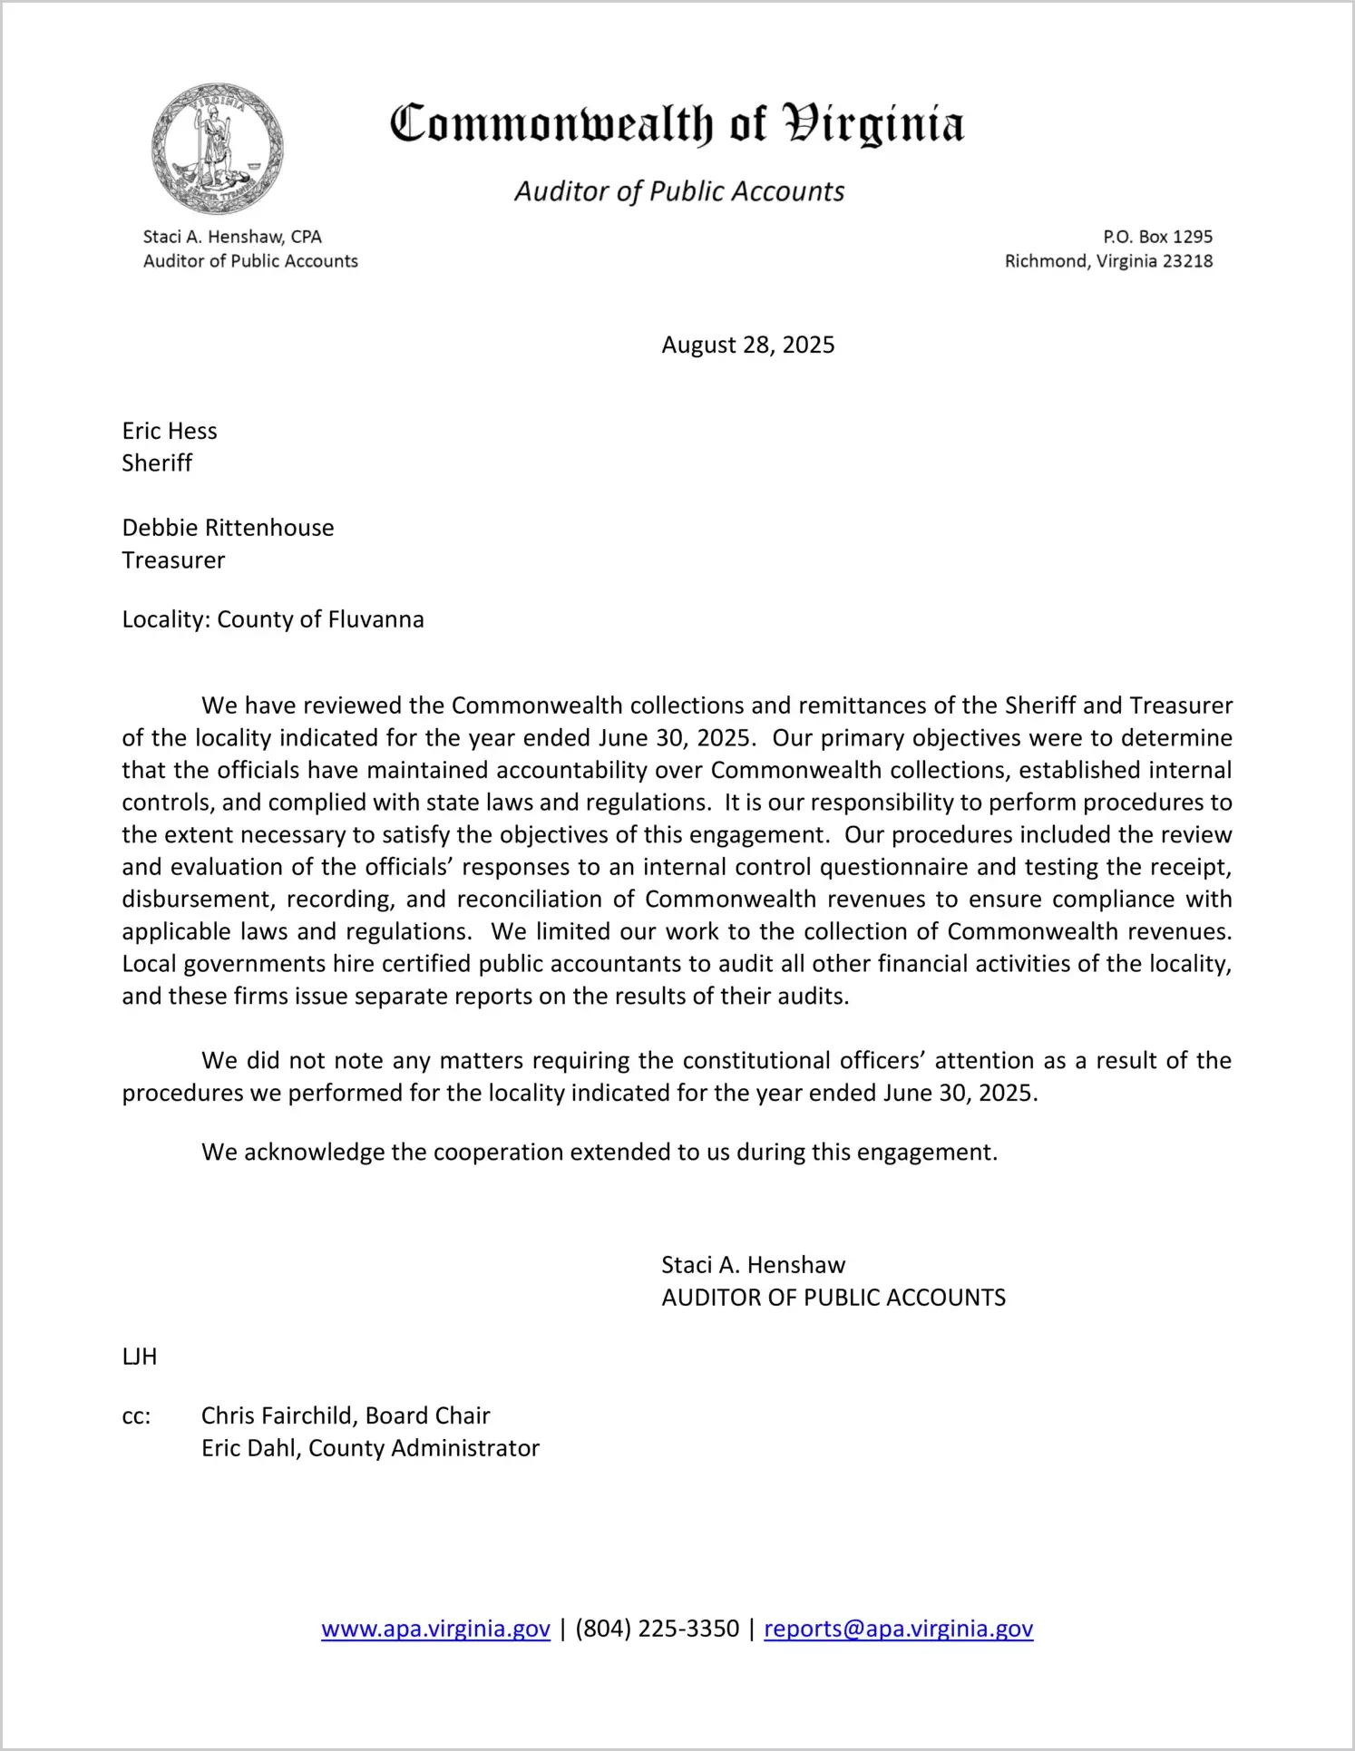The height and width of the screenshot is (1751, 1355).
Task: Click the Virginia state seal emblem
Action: point(218,149)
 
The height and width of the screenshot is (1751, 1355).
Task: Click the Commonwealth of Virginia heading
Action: point(677,124)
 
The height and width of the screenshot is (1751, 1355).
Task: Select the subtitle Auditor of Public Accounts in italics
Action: point(679,191)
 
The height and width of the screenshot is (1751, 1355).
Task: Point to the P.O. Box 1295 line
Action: point(1157,237)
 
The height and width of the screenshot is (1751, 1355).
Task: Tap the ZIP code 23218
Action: point(1187,261)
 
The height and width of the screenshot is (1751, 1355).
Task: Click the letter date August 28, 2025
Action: point(747,345)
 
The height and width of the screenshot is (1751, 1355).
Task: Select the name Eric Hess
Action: point(170,431)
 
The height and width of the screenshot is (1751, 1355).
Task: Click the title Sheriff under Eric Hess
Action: point(157,463)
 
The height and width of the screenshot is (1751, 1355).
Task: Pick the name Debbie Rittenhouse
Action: point(228,528)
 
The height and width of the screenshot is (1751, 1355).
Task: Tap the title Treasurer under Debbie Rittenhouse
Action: point(173,560)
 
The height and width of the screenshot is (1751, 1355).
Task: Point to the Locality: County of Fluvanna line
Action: point(273,619)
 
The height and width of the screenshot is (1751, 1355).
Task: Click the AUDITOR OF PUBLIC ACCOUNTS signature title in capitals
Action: point(833,1298)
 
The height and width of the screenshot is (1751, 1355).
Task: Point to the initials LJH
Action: point(140,1357)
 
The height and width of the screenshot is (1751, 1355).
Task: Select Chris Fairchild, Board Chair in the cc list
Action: point(346,1415)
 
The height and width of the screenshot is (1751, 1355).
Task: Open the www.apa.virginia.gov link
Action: point(435,1629)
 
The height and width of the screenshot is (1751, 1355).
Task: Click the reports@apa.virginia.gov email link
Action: point(898,1629)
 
